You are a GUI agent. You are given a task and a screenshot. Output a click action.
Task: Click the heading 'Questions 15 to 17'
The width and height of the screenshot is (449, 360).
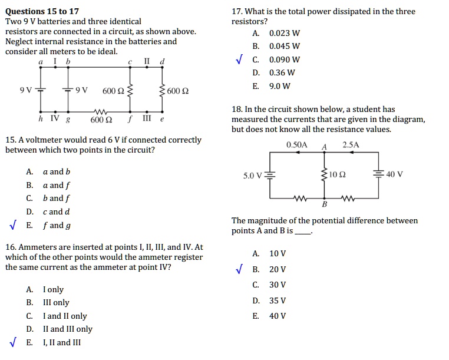coord(42,11)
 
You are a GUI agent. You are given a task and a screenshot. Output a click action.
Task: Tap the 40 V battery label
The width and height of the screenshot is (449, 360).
coord(394,174)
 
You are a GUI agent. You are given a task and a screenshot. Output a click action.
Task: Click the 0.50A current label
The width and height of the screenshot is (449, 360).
coord(297,144)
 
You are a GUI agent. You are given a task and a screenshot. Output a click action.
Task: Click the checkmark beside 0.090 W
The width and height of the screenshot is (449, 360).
coord(239,60)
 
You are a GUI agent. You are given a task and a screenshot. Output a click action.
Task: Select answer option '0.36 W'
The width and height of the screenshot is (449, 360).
coord(282,73)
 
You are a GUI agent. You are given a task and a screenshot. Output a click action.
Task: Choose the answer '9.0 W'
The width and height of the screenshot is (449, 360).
coord(280,86)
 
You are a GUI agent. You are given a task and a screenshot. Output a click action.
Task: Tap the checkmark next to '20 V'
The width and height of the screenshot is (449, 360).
coord(239,270)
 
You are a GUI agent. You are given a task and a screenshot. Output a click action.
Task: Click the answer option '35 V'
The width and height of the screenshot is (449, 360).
coord(277,300)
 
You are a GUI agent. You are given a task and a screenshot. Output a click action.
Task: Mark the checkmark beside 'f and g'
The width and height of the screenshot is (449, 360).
coord(13,225)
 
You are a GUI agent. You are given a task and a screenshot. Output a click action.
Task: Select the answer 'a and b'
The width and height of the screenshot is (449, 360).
coord(57,171)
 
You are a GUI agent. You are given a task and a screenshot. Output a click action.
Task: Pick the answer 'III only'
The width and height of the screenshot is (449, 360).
coord(56,302)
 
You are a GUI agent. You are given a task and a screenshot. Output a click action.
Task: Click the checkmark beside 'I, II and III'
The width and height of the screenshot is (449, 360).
coord(13,342)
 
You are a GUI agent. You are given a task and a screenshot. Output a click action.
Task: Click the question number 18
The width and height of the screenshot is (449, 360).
coord(237,109)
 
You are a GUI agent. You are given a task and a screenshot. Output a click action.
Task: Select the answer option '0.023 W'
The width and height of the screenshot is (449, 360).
coord(285,34)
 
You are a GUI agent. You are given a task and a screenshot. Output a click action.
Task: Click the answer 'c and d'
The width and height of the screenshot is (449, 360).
coord(57,212)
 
